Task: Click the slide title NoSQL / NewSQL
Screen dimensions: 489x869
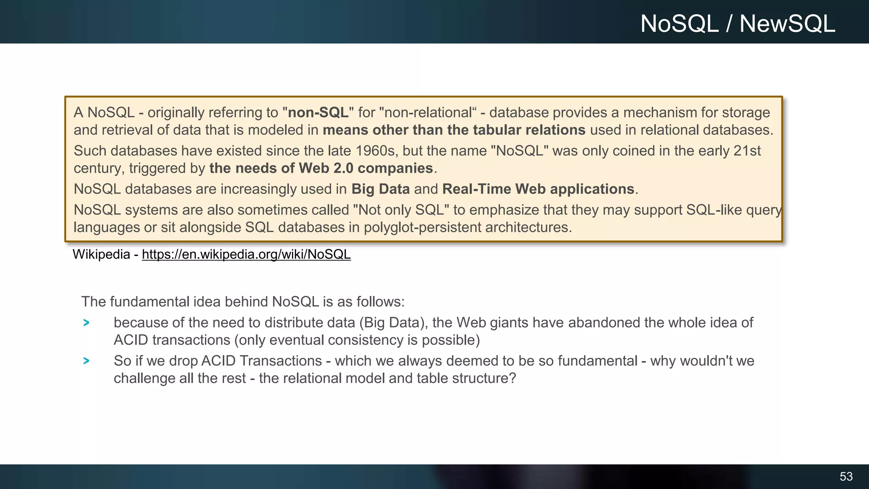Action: pos(737,24)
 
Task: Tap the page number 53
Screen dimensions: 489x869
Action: pos(846,476)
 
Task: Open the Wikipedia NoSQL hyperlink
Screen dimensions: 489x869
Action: pos(246,254)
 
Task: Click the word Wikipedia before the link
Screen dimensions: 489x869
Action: pos(101,254)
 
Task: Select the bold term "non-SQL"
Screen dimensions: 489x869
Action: pos(318,112)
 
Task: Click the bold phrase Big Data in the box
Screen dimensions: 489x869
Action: pos(380,189)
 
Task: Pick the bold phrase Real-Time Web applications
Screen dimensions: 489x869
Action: pos(538,189)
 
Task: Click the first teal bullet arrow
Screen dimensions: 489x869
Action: pos(87,323)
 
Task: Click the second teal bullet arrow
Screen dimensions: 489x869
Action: pos(87,361)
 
